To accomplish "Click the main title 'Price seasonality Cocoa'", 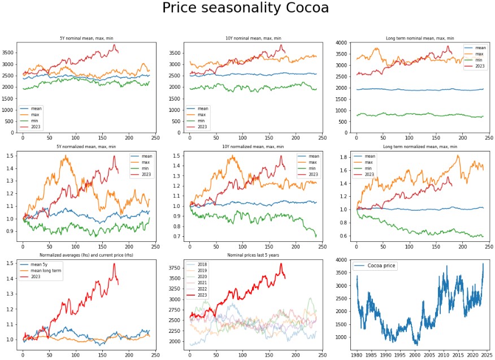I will click(245, 8).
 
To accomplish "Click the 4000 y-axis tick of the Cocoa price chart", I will click(341, 260).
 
